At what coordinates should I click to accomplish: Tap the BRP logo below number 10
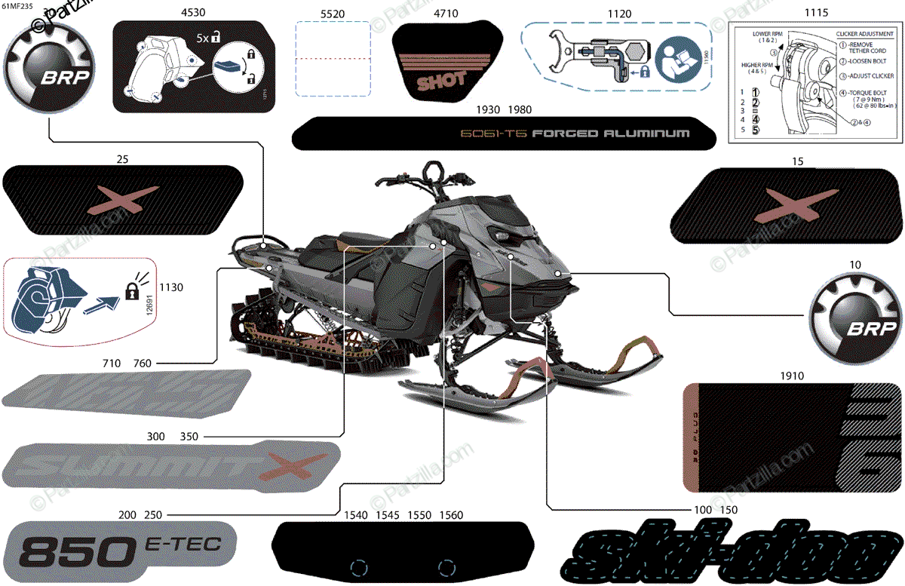tap(854, 316)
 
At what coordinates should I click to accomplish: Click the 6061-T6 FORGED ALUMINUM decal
tap(504, 133)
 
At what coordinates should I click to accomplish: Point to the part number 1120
tap(619, 13)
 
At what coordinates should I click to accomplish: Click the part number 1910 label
tap(791, 376)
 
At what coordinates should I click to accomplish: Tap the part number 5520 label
tap(332, 13)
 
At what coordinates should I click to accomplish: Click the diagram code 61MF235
tap(17, 6)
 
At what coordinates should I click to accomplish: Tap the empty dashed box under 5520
tap(332, 59)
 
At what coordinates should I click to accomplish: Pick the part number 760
tap(142, 364)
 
